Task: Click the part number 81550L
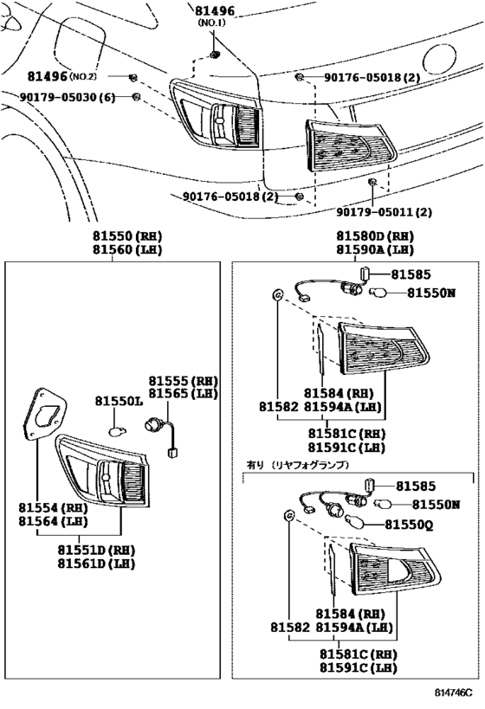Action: [118, 402]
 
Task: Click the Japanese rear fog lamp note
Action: [297, 465]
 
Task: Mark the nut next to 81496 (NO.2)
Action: [134, 78]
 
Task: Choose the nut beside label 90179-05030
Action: [136, 95]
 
